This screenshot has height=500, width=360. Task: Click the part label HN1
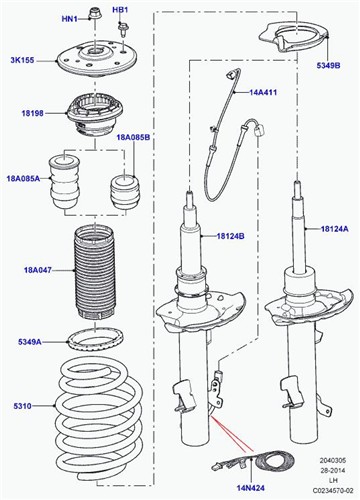click(69, 19)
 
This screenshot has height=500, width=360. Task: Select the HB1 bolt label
click(120, 10)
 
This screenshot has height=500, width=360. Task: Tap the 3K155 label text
click(22, 60)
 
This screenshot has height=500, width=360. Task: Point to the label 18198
click(33, 113)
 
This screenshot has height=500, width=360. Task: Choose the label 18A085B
click(133, 137)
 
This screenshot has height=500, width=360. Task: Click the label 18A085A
click(23, 178)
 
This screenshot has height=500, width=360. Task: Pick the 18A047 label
click(38, 270)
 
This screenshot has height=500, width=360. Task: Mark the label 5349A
click(30, 342)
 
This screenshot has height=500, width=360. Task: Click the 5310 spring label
click(23, 406)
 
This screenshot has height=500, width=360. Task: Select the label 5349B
click(328, 66)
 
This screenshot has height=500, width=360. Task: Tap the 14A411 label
click(263, 92)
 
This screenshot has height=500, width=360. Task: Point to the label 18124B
click(230, 236)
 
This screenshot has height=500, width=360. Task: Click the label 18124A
click(334, 229)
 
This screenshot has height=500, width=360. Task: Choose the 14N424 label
click(251, 488)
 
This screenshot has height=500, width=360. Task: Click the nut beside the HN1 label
click(93, 14)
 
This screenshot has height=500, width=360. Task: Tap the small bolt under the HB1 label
click(122, 29)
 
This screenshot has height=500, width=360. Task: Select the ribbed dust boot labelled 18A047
click(94, 272)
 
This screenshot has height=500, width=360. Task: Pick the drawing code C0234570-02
click(332, 490)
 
